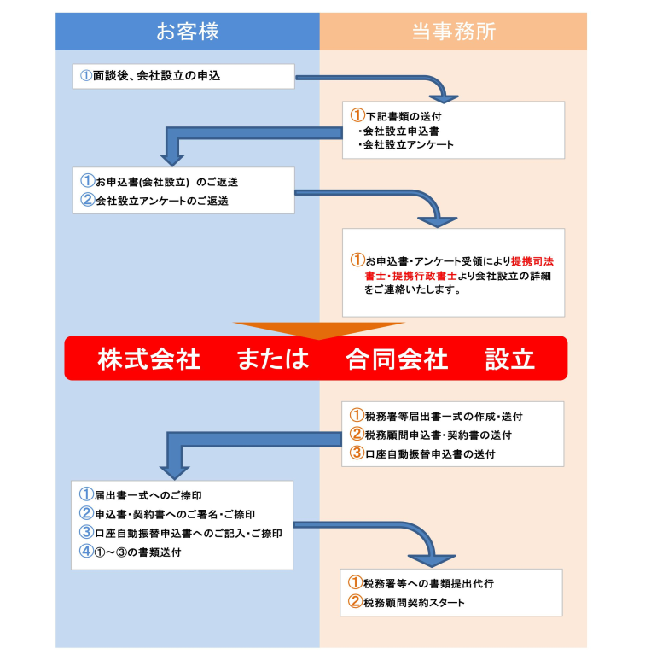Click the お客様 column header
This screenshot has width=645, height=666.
(x=187, y=32)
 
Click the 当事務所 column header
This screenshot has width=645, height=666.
(x=453, y=32)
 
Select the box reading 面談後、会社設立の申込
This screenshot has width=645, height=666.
(x=183, y=77)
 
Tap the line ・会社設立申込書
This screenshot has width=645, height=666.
(x=399, y=131)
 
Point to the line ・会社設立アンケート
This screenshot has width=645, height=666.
(x=405, y=145)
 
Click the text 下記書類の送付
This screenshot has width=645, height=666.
(x=404, y=116)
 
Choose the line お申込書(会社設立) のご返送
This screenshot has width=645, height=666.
(x=166, y=182)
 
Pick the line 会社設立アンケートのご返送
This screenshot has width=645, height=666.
(x=162, y=201)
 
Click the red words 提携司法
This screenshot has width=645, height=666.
(x=532, y=261)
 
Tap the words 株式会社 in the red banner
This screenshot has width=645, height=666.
(x=149, y=359)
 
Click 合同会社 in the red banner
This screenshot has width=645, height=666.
(x=397, y=359)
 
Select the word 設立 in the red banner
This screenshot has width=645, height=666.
(x=509, y=359)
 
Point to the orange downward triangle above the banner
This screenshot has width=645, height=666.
(x=319, y=330)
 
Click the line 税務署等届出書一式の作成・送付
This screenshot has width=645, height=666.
(x=444, y=417)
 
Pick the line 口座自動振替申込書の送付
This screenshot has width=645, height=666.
(x=430, y=454)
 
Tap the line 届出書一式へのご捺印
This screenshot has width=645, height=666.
(x=148, y=496)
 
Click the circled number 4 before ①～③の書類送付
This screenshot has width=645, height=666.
(x=86, y=552)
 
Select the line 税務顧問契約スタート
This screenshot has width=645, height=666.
(x=414, y=602)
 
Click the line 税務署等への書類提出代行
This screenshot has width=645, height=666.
(x=428, y=583)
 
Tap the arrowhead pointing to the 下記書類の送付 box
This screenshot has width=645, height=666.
(x=444, y=98)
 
